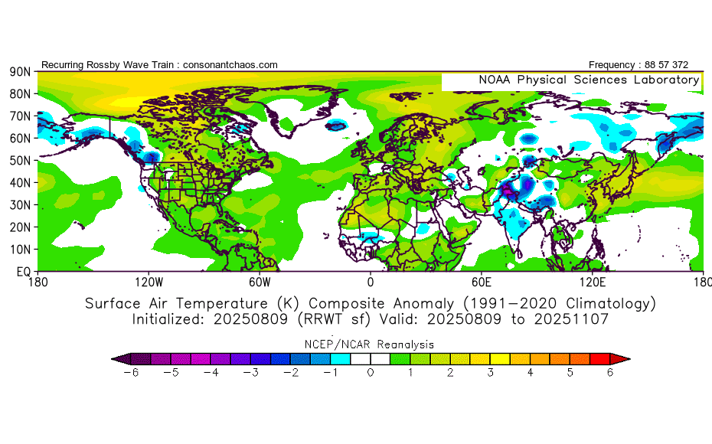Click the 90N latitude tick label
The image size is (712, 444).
pyautogui.click(x=19, y=72)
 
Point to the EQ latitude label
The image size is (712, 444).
pyautogui.click(x=23, y=272)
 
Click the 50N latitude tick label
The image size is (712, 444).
pyautogui.click(x=19, y=161)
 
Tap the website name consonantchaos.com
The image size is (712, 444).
pyautogui.click(x=228, y=65)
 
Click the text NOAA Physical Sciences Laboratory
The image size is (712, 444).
pyautogui.click(x=588, y=80)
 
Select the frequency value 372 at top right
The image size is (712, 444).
pyautogui.click(x=689, y=65)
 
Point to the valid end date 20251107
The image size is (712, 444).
pyautogui.click(x=574, y=319)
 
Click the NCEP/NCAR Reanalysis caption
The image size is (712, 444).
pyautogui.click(x=371, y=344)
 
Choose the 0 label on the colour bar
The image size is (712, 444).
pyautogui.click(x=371, y=373)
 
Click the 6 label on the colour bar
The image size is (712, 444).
pyautogui.click(x=610, y=373)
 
